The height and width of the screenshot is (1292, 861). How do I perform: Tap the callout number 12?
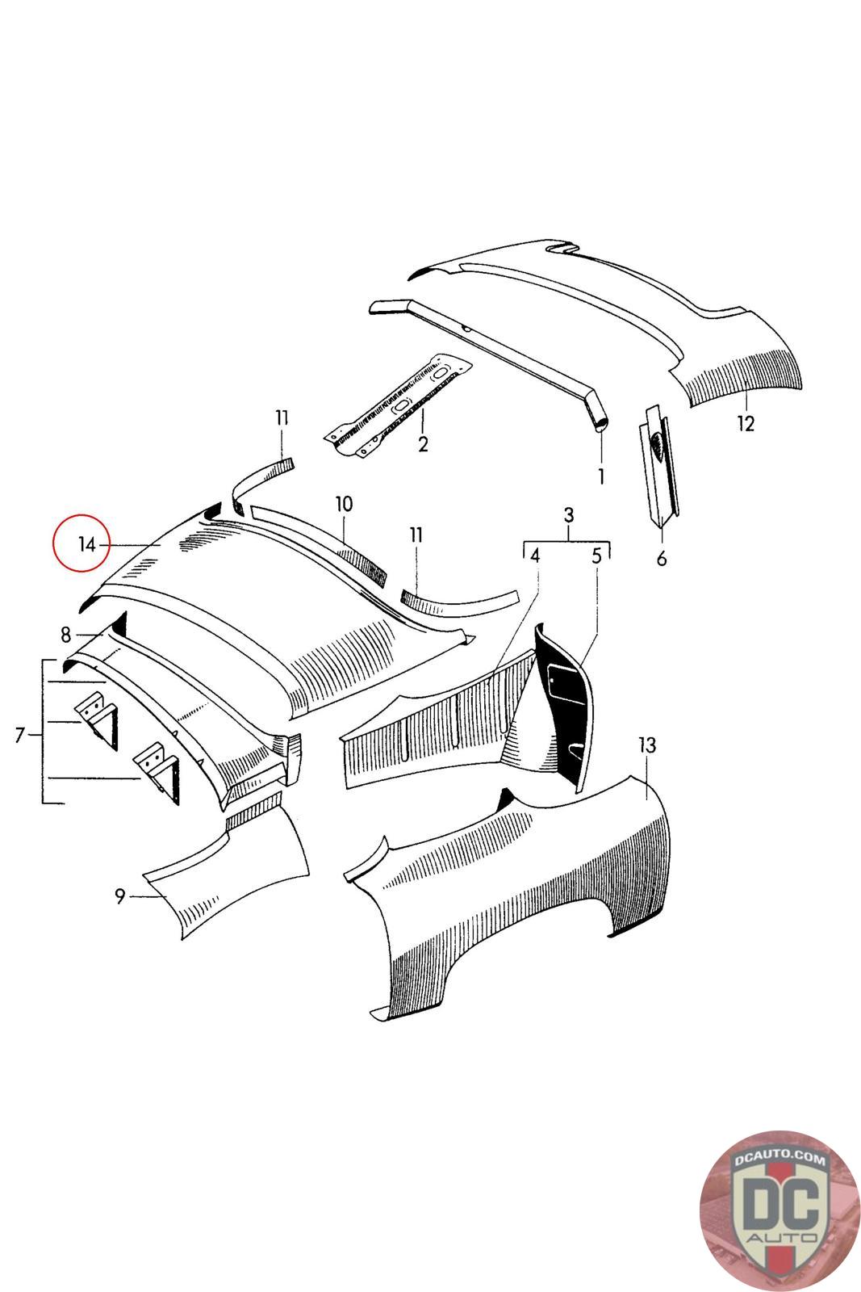(x=746, y=423)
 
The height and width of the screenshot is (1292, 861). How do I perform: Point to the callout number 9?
(x=119, y=896)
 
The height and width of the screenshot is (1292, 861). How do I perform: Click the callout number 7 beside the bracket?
(x=21, y=735)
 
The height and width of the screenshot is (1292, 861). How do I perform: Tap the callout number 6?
(x=662, y=557)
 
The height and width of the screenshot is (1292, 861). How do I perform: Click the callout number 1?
(x=600, y=476)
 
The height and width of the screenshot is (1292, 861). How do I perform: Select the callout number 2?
(x=422, y=443)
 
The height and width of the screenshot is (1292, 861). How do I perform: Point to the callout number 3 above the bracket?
(x=568, y=515)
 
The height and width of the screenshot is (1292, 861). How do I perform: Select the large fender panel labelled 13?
(x=525, y=888)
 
